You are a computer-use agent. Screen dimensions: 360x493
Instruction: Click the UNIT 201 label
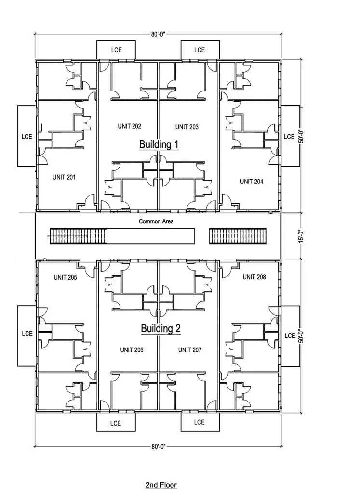click(64, 177)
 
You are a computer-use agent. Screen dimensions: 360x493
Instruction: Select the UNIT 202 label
click(129, 126)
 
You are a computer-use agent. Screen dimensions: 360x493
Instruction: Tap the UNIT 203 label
click(187, 127)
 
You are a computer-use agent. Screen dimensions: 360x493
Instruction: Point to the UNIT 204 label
click(252, 182)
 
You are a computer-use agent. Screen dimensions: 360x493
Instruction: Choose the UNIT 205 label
click(65, 277)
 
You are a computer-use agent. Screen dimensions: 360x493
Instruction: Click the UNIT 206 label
click(132, 350)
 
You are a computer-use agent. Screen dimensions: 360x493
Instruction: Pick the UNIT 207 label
click(190, 350)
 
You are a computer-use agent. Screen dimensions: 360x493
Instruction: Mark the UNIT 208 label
click(254, 277)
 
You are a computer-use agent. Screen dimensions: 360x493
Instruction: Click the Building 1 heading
click(159, 144)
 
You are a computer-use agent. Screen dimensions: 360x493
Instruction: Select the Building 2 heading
click(160, 328)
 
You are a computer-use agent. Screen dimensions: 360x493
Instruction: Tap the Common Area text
click(156, 221)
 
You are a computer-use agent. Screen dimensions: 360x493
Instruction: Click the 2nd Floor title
click(161, 485)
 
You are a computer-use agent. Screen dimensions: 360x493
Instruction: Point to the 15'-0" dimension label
click(301, 236)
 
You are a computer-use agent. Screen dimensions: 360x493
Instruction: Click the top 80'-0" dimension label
click(158, 34)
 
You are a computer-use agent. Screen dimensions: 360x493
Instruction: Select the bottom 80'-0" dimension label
click(158, 446)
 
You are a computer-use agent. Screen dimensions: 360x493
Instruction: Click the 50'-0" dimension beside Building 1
click(301, 135)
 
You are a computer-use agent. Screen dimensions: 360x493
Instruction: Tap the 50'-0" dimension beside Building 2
click(301, 336)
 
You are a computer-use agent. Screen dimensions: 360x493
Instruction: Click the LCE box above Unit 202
click(116, 50)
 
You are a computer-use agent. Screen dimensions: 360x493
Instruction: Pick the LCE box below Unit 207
click(200, 422)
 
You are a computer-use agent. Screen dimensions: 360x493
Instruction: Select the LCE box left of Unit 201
click(27, 136)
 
